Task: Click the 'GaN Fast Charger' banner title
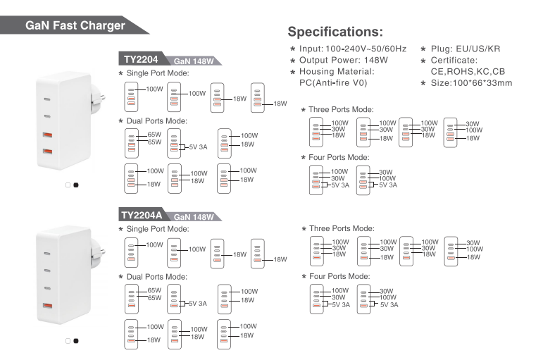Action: pyautogui.click(x=75, y=25)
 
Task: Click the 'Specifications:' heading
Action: pyautogui.click(x=335, y=32)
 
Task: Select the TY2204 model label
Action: pyautogui.click(x=141, y=59)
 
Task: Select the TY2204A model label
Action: pyautogui.click(x=142, y=215)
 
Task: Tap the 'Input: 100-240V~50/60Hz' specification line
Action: pyautogui.click(x=353, y=49)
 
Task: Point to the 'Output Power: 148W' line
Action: pyautogui.click(x=344, y=60)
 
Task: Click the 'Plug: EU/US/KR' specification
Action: pyautogui.click(x=466, y=49)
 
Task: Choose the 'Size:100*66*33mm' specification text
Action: pyautogui.click(x=471, y=83)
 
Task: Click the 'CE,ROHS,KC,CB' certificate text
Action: pyautogui.click(x=468, y=72)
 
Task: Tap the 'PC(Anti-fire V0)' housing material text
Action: pyautogui.click(x=333, y=83)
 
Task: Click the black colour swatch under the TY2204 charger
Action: pyautogui.click(x=76, y=185)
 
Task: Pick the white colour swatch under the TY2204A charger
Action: pyautogui.click(x=68, y=341)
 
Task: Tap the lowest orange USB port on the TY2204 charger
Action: pyautogui.click(x=47, y=151)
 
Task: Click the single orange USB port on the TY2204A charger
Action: pyautogui.click(x=47, y=306)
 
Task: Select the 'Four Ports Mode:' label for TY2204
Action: pyautogui.click(x=339, y=157)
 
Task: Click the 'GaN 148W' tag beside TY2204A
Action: pyautogui.click(x=194, y=217)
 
